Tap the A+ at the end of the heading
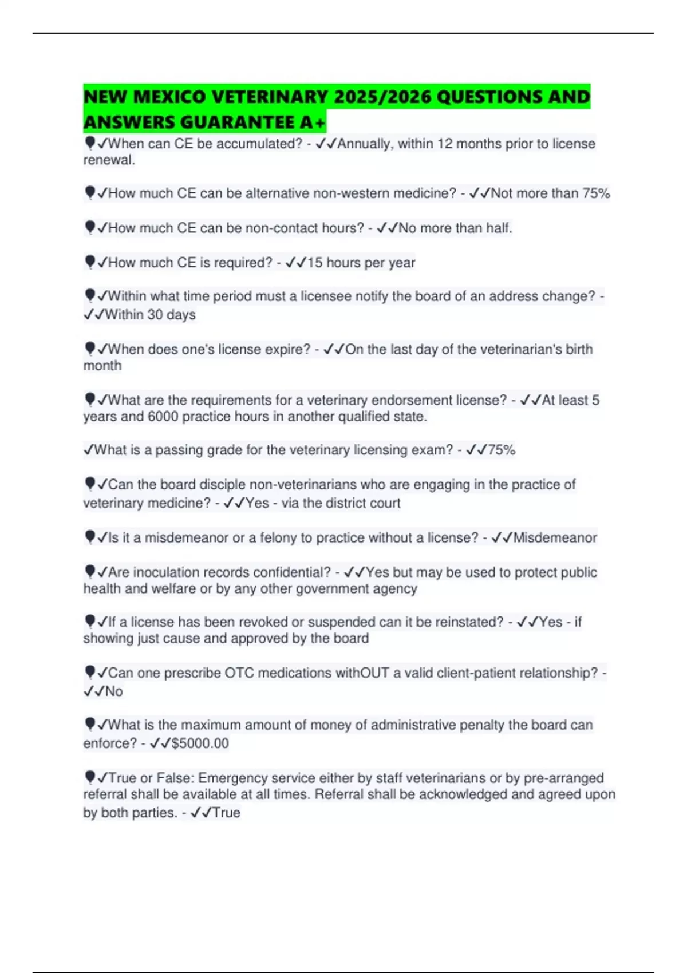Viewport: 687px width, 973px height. click(313, 122)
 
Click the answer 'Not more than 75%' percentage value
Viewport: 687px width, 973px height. click(596, 193)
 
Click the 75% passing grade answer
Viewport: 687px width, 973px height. click(502, 450)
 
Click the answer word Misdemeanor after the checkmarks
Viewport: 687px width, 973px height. click(555, 537)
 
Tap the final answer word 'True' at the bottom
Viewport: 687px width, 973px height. click(226, 812)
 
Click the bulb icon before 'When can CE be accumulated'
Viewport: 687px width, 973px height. click(90, 143)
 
